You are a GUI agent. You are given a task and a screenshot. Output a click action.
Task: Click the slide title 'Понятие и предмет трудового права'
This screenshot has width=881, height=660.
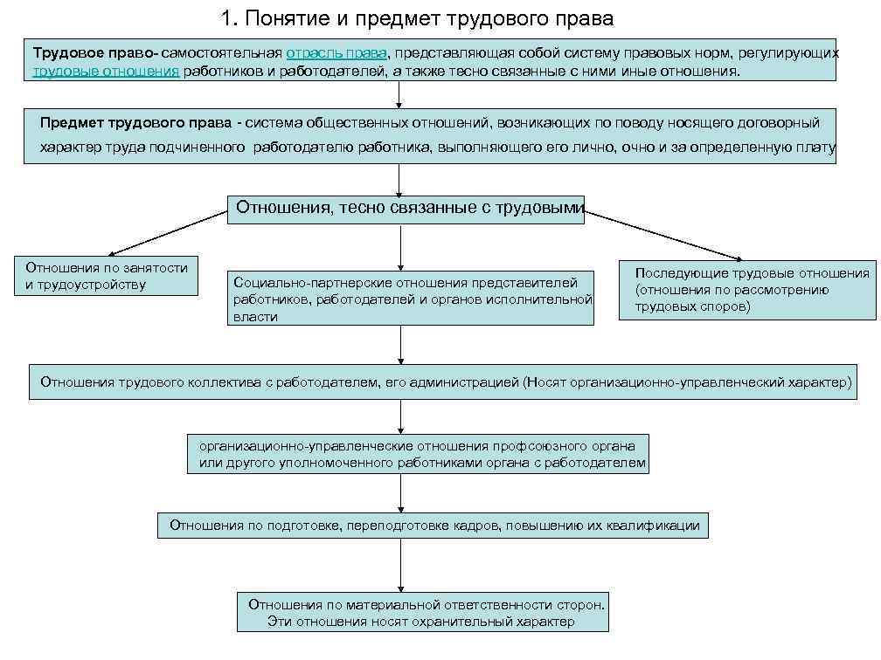(x=418, y=18)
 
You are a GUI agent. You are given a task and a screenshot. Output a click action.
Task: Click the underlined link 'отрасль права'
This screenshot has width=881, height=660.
(x=336, y=53)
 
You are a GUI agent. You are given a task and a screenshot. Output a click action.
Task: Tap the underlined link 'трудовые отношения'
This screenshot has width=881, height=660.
(x=106, y=71)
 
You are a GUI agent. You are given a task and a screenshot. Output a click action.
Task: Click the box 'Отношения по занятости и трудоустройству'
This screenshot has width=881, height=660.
(x=106, y=276)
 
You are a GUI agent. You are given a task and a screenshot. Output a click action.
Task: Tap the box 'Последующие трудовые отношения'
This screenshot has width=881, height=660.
(x=747, y=291)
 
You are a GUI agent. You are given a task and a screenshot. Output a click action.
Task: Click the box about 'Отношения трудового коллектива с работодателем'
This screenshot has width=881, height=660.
(x=444, y=382)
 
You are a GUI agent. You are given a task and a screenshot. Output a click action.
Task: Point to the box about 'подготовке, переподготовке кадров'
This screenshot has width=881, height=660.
(x=434, y=526)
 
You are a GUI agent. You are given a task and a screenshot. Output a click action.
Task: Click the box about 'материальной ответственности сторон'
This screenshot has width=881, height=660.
(x=423, y=613)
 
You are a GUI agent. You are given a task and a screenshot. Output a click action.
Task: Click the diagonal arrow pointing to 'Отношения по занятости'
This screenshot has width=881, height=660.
(x=166, y=232)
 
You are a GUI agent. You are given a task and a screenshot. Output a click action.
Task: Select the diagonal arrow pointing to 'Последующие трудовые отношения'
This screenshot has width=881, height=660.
(x=664, y=235)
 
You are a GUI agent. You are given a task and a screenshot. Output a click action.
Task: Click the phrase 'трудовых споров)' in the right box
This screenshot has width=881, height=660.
(x=692, y=307)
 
